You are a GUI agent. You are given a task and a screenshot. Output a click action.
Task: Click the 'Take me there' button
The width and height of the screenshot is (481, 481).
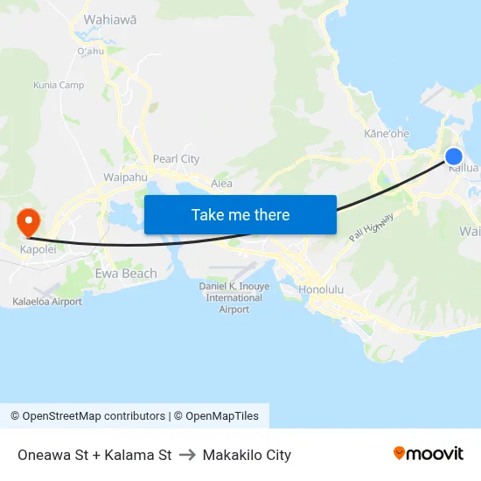click(x=240, y=214)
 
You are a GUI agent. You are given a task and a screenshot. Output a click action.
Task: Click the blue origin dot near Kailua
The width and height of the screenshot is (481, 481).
click(x=453, y=157)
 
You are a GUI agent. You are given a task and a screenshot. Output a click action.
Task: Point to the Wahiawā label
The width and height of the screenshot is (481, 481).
click(x=109, y=18)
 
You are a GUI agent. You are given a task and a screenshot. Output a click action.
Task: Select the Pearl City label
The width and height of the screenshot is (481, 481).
click(x=176, y=159)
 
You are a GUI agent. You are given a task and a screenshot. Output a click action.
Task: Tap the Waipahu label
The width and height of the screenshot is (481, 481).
click(x=125, y=177)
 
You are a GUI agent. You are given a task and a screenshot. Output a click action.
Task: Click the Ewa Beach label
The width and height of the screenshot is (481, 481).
click(x=126, y=274)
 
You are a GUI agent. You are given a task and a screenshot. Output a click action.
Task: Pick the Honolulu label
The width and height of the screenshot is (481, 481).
click(x=321, y=289)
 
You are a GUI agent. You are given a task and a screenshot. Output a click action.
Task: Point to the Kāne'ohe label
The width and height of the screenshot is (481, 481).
click(x=387, y=134)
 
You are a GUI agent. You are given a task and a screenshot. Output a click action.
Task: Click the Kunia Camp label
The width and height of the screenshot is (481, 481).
click(x=59, y=85)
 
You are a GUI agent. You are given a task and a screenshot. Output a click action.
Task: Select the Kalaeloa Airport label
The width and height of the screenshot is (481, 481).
click(x=47, y=302)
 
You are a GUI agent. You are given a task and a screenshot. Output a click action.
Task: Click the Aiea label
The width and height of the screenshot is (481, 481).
click(x=222, y=184)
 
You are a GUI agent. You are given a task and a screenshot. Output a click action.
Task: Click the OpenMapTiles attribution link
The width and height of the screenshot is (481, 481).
click(x=222, y=416)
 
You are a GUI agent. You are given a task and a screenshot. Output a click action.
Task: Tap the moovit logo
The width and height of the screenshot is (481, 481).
click(x=429, y=453)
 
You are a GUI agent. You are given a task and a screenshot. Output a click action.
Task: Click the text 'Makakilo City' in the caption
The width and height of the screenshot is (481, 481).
click(x=247, y=455)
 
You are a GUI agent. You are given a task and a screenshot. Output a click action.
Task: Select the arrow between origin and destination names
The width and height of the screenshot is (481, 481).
click(x=187, y=455)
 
